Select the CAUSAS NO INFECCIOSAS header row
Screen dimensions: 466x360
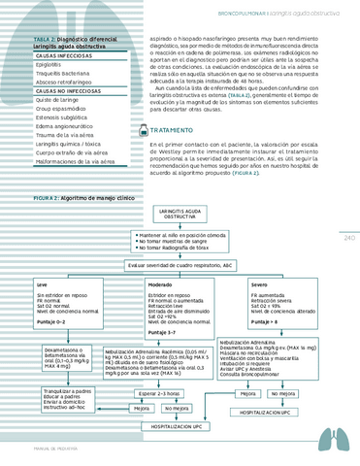click(62, 89)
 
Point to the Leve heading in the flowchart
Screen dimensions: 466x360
click(42, 284)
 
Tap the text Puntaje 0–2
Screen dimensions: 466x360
click(51, 320)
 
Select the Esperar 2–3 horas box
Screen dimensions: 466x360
click(165, 393)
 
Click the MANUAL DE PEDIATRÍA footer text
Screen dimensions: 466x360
click(44, 449)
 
